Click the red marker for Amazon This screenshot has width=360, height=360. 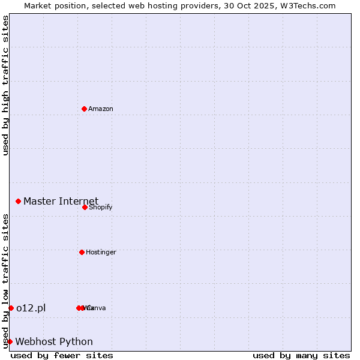84,109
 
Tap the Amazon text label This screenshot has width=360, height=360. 101,109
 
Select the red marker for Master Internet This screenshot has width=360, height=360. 19,201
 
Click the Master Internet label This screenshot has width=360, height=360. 61,201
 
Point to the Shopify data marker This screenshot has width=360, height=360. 85,207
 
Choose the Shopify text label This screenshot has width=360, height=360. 100,207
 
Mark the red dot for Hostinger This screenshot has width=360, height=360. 82,252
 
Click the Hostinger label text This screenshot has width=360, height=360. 101,252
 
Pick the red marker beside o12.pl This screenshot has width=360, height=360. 11,308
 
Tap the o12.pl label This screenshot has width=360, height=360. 31,308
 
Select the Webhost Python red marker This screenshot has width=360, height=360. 10,341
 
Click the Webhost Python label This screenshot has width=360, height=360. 54,341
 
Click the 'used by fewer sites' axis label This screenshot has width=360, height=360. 62,355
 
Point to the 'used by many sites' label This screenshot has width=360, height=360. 301,355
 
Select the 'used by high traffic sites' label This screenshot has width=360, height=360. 5,85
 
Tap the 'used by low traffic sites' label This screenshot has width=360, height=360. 5,281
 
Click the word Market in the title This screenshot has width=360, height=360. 38,5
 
